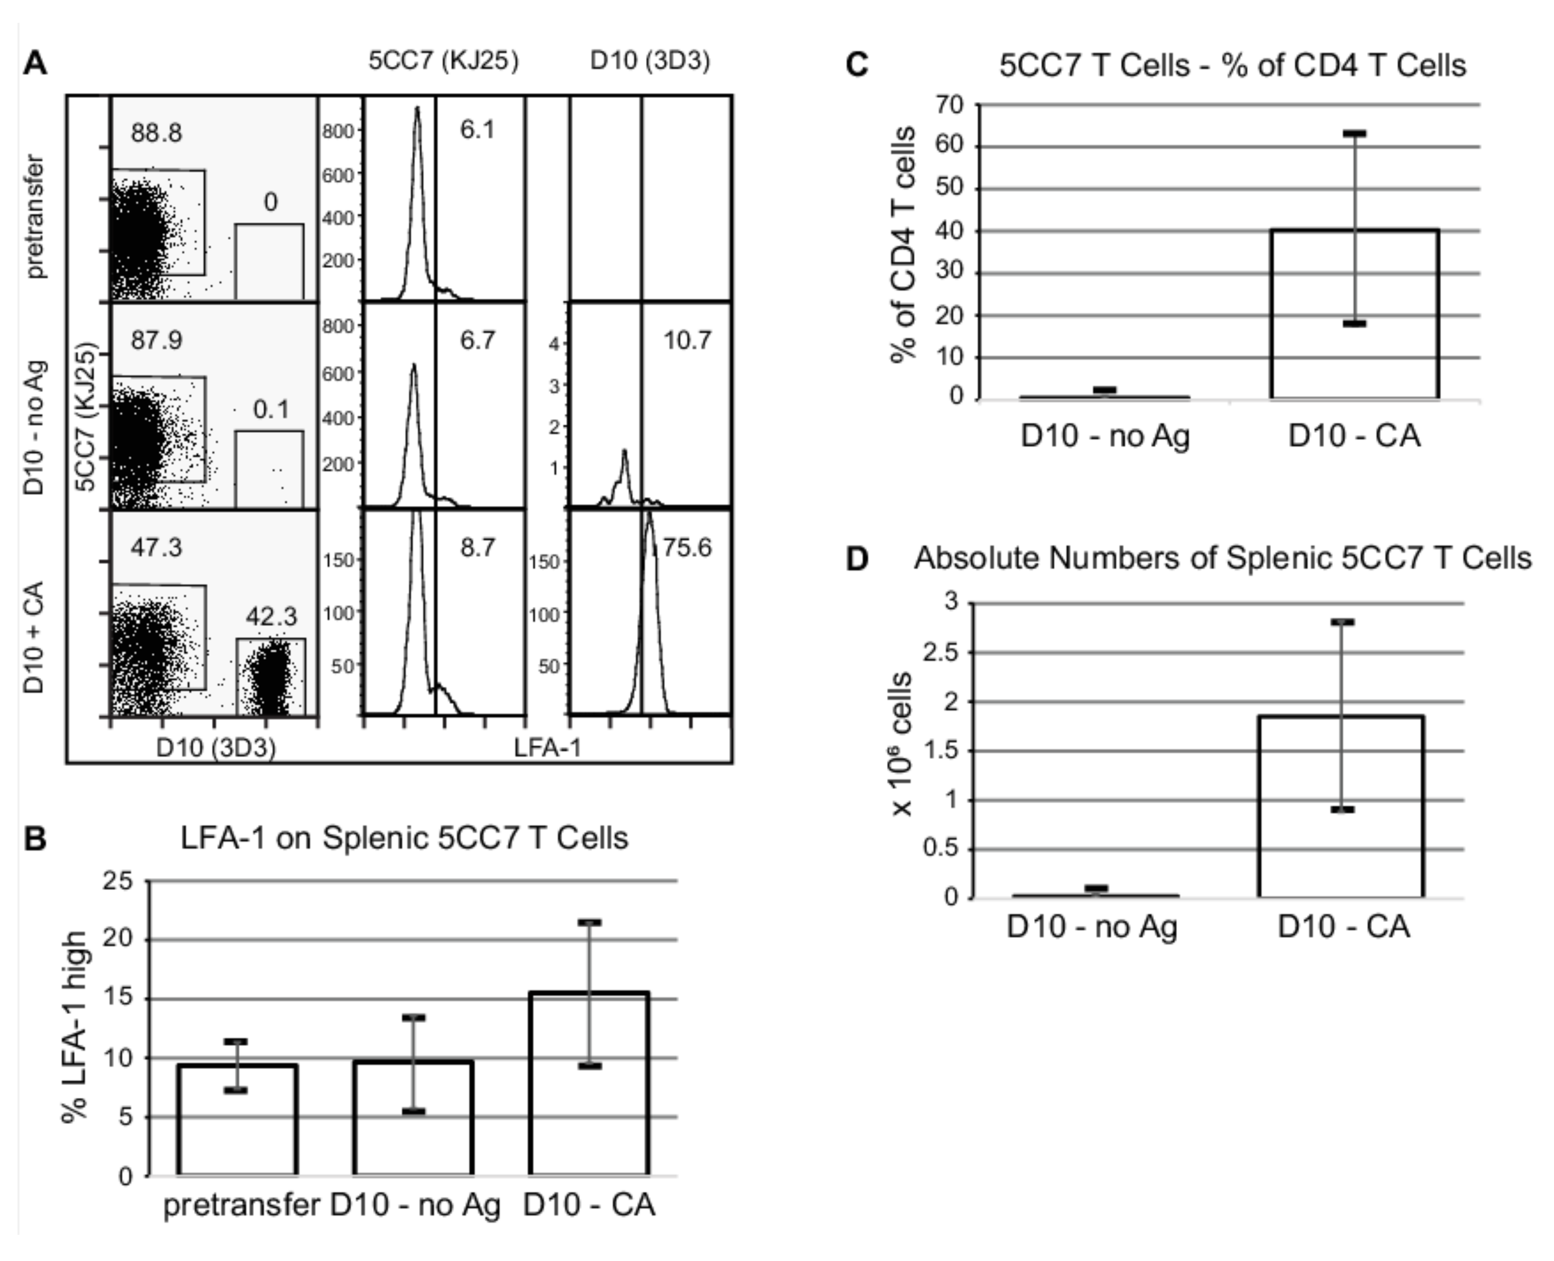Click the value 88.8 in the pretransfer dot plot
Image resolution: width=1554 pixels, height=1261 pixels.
[156, 133]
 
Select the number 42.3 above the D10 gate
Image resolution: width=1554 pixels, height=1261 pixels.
[271, 617]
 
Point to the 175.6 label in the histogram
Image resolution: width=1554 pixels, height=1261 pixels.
[683, 547]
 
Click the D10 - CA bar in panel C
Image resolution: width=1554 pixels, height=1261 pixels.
[1354, 314]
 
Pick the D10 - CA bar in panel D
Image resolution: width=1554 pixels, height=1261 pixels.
[1341, 806]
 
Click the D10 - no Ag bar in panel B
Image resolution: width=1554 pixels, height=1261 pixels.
[413, 1118]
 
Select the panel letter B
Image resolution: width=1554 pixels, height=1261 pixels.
[35, 839]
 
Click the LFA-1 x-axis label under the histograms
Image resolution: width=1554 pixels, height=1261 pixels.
[548, 747]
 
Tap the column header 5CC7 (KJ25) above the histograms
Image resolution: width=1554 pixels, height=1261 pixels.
[443, 61]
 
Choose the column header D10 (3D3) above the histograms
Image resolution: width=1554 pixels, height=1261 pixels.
[650, 61]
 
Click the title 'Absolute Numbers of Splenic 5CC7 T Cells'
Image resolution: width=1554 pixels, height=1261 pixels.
[1222, 558]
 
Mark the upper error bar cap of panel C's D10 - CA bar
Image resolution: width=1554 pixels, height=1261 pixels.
[1354, 134]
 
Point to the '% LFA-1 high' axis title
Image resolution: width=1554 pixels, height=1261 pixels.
[75, 1027]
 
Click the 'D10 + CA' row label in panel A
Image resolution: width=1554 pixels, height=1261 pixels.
[34, 637]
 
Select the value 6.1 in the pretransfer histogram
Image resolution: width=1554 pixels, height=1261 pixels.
[477, 130]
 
